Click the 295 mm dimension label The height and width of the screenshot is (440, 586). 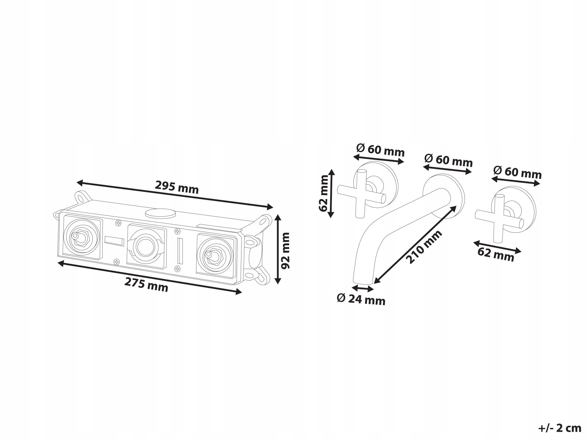click(x=177, y=187)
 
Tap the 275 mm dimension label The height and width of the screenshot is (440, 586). click(x=146, y=285)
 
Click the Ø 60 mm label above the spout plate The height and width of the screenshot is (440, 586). click(x=448, y=161)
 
